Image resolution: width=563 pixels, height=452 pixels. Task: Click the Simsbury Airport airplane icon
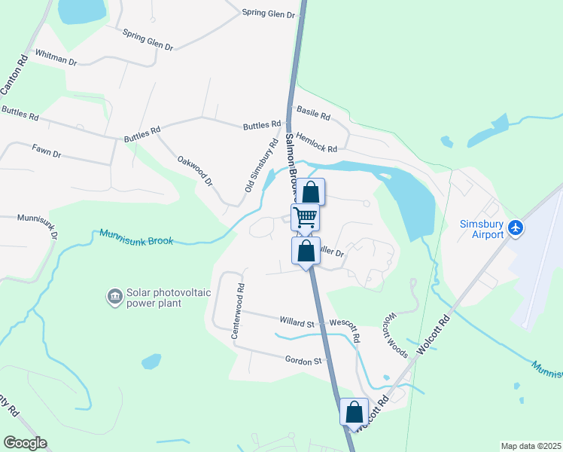tap(516, 227)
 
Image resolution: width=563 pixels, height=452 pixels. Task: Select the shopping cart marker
tap(306, 218)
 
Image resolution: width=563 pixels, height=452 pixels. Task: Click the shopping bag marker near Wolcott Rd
tap(355, 413)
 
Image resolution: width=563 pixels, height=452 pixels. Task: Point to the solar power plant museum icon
tap(114, 295)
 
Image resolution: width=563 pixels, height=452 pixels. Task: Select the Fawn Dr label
tap(46, 151)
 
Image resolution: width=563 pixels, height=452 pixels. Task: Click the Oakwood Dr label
tap(196, 171)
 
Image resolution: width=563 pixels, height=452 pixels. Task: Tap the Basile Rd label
tap(314, 115)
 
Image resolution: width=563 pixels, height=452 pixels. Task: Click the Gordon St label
tap(303, 361)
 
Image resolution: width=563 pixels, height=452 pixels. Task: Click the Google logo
tap(25, 443)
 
